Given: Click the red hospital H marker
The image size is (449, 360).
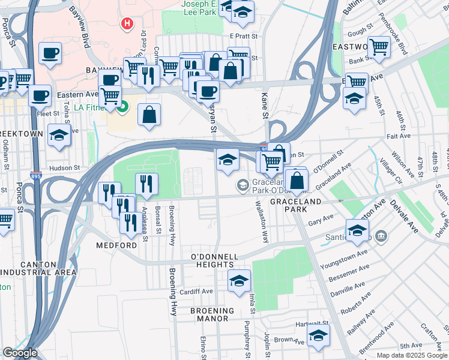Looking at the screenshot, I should coord(127,24).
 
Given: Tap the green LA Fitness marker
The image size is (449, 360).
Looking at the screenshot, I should coord(124,108).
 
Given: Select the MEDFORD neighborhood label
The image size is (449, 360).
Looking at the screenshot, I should coord(116,245).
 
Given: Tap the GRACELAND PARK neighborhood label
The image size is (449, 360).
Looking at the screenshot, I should coord(295,202).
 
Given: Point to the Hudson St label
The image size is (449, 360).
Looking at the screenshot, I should coord(65,168).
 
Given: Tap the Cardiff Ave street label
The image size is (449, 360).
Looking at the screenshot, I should coord(197,292).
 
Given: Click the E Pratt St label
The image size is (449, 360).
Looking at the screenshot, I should coord(243,36).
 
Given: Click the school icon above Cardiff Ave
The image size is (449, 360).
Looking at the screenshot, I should coord(238,280).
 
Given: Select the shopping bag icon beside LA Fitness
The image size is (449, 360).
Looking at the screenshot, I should coord(149,114).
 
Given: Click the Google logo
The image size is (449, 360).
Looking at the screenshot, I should coord(20,353).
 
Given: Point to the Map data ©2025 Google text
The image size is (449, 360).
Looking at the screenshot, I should coord(412,355).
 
